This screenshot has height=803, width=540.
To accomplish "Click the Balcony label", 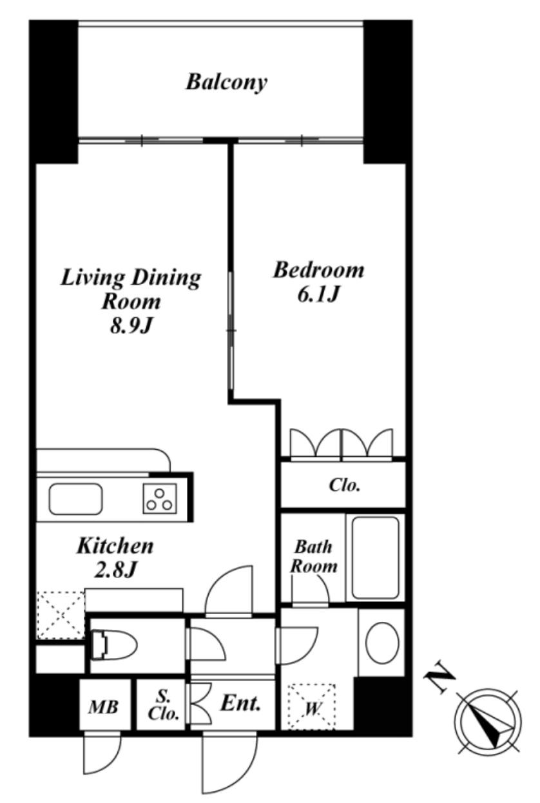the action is [x=226, y=82].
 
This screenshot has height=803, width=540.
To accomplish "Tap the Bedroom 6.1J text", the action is [x=318, y=282].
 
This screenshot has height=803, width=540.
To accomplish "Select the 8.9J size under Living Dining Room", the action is [x=131, y=326].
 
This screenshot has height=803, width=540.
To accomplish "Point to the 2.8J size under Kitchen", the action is [x=115, y=569].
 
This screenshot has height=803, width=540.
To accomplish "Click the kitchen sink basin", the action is [x=75, y=499].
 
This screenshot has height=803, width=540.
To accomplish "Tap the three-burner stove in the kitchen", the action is [x=160, y=498].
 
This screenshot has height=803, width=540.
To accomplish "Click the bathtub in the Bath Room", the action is [x=375, y=558].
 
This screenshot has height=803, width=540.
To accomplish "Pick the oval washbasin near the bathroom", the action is [x=382, y=643].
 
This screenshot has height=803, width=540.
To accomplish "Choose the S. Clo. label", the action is [x=164, y=706].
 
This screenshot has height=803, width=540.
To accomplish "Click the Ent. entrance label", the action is [x=240, y=703].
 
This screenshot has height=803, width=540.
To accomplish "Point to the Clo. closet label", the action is [x=344, y=485].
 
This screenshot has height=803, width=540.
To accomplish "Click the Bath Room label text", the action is [x=314, y=557].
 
